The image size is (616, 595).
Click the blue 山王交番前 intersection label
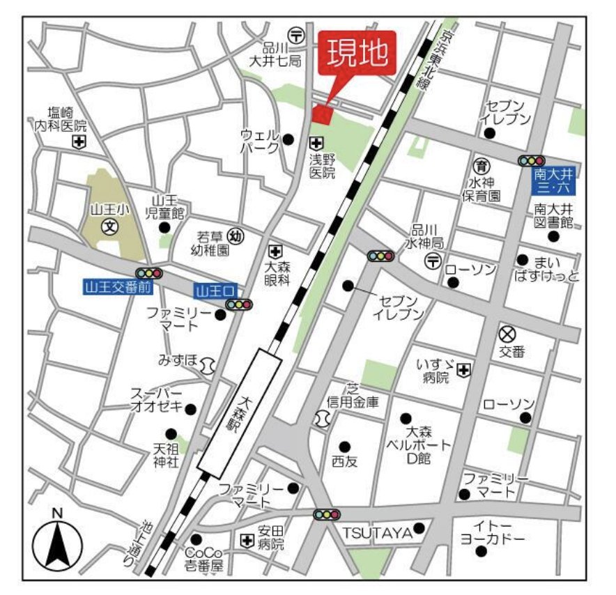(109, 286)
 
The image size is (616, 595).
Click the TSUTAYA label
(377, 533)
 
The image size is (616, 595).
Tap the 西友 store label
(344, 461)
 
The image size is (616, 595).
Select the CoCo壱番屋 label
(203, 559)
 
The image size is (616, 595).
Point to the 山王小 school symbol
(109, 226)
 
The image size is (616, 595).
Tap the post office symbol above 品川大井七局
(297, 33)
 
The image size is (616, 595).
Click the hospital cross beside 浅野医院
(316, 142)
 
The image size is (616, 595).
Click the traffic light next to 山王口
(238, 304)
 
